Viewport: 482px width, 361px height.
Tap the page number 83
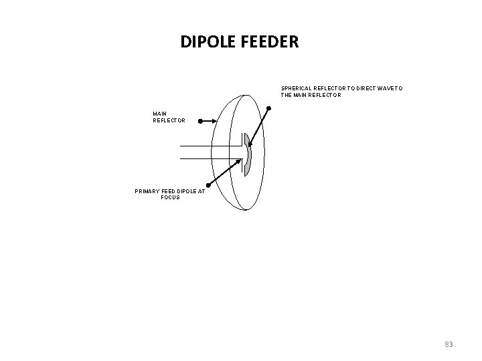pyautogui.click(x=449, y=344)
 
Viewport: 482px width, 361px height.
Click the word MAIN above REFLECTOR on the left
pyautogui.click(x=160, y=114)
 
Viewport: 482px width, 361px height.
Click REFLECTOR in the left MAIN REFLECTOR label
pyautogui.click(x=168, y=120)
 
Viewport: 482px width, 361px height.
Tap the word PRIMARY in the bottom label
pyautogui.click(x=149, y=191)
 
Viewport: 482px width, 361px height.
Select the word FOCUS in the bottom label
pyautogui.click(x=170, y=197)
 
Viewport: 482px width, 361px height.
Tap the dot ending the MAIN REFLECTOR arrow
pyautogui.click(x=199, y=121)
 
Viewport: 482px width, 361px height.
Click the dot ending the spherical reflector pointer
pyautogui.click(x=268, y=108)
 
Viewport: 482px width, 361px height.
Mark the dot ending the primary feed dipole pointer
pyautogui.click(x=208, y=185)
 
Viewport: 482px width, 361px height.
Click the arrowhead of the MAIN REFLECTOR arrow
pyautogui.click(x=215, y=121)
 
